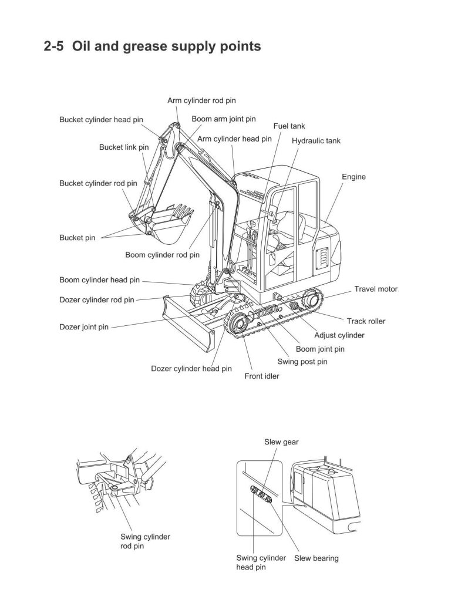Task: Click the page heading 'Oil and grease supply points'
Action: coord(152,46)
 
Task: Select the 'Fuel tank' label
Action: coord(289,126)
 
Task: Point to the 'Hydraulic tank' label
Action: coord(316,141)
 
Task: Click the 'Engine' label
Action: coord(353,177)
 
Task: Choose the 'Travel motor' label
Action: coord(376,289)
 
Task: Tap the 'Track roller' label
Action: coord(366,321)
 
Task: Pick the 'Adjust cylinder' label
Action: coord(339,335)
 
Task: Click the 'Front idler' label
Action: coord(262,376)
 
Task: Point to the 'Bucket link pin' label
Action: coord(123,147)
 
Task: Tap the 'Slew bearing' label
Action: coord(316,558)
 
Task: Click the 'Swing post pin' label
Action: coord(302,362)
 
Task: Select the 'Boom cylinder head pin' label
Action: coord(99,280)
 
